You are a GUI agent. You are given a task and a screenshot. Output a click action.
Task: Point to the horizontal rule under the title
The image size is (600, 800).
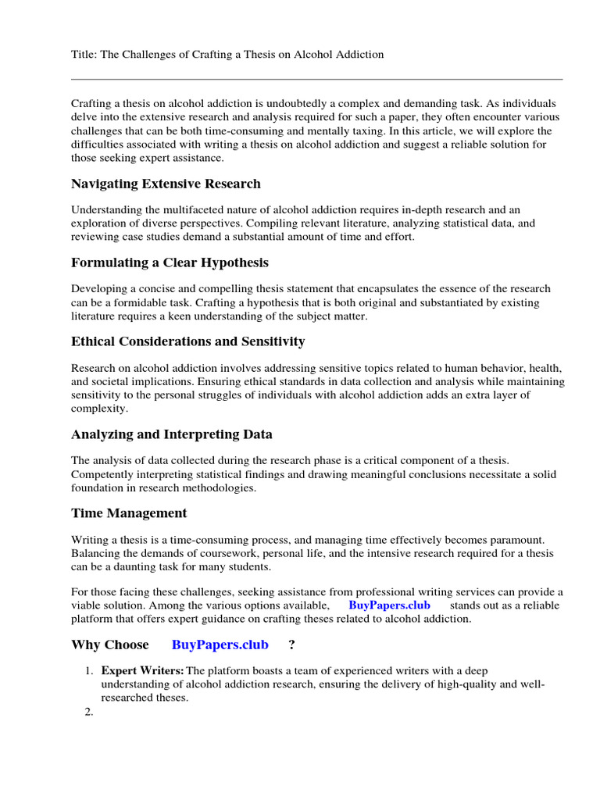pyautogui.click(x=316, y=79)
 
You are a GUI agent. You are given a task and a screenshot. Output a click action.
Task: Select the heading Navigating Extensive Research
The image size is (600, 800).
pyautogui.click(x=166, y=184)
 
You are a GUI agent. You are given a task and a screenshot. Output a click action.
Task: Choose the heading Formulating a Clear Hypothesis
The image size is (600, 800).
pyautogui.click(x=170, y=262)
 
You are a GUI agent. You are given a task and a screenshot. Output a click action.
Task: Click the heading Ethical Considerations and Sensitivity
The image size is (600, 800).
pyautogui.click(x=187, y=341)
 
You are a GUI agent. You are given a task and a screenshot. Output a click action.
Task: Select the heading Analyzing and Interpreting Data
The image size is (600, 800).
pyautogui.click(x=171, y=434)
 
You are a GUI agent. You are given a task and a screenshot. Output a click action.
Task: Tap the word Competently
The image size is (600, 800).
pyautogui.click(x=102, y=474)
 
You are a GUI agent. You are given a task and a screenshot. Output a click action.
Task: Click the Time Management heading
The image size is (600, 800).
pyautogui.click(x=129, y=513)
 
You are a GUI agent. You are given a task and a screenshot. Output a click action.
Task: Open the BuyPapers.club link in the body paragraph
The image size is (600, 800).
pyautogui.click(x=389, y=605)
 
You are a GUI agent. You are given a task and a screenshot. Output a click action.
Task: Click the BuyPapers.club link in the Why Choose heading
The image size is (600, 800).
pyautogui.click(x=220, y=645)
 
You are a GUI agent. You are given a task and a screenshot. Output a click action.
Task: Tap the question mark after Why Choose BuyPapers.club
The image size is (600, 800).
pyautogui.click(x=291, y=645)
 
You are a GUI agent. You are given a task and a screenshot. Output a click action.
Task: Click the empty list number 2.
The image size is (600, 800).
pyautogui.click(x=88, y=712)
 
